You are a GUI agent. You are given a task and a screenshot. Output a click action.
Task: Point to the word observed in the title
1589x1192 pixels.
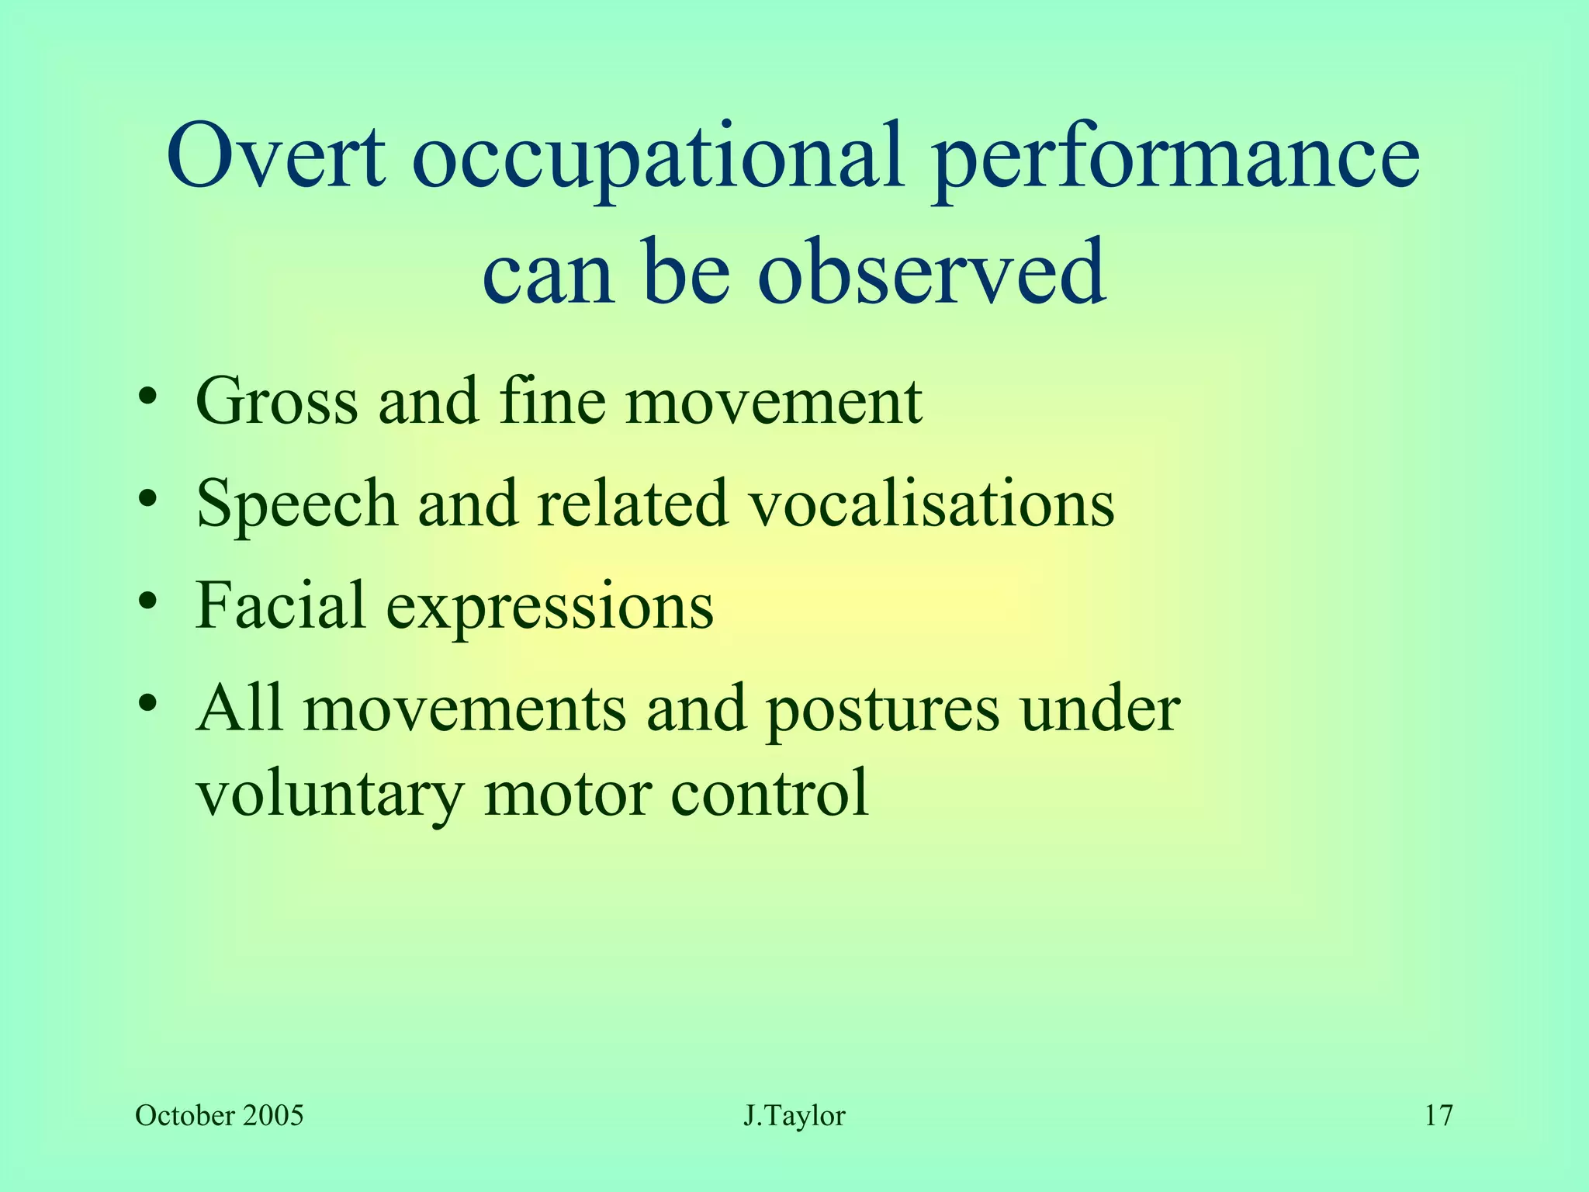tap(931, 272)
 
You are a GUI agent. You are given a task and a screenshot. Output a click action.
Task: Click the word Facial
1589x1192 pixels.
tap(280, 605)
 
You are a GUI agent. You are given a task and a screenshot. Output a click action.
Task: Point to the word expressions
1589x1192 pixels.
tap(549, 606)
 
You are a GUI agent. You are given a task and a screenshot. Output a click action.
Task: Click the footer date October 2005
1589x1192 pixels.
tap(220, 1116)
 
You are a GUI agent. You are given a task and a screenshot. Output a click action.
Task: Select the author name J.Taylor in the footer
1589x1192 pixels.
tap(794, 1116)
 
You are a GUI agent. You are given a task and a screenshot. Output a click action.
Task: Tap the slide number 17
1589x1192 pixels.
tap(1438, 1116)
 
